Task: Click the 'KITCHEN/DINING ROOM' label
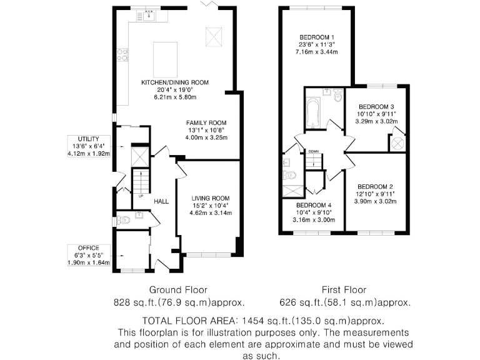174,82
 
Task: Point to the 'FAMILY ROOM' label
206,122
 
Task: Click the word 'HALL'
162,201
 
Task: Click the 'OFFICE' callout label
88,247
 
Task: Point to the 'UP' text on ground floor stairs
141,196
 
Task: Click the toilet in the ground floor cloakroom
123,220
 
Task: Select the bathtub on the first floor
312,112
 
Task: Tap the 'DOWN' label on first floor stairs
313,151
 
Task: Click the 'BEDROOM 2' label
375,187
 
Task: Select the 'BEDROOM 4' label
314,206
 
